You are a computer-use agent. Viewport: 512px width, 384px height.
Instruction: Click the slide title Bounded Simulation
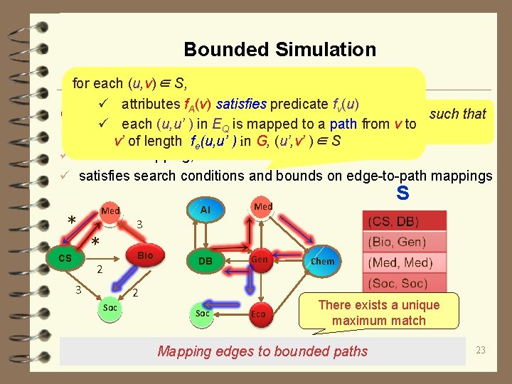(x=279, y=49)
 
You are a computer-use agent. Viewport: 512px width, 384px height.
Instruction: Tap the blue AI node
(x=206, y=210)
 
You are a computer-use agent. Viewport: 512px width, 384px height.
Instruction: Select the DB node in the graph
(x=205, y=261)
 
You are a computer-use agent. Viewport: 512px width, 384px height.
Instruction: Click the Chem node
(x=322, y=261)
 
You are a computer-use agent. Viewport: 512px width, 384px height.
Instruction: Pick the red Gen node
(x=260, y=260)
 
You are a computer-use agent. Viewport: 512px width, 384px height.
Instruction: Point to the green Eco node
(x=258, y=313)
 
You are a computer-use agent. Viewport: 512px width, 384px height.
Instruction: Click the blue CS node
(x=65, y=258)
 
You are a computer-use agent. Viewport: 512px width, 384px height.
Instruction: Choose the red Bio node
(x=145, y=255)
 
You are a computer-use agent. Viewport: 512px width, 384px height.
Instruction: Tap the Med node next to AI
(x=263, y=207)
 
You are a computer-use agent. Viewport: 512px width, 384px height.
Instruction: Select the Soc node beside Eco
(x=203, y=313)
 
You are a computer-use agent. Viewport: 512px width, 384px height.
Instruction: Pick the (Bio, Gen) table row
(x=404, y=241)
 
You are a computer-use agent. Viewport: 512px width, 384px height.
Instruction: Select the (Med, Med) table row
(x=404, y=262)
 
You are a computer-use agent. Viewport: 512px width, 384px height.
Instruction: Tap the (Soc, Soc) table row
(x=404, y=283)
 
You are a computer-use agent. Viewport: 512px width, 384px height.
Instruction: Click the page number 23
(x=481, y=350)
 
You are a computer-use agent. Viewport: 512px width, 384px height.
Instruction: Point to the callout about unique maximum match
(x=378, y=313)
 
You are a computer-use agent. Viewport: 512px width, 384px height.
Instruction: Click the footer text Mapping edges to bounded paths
(x=262, y=351)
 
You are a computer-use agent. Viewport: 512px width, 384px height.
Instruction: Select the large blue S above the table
(x=402, y=192)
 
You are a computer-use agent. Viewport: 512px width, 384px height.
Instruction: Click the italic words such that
(x=457, y=114)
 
